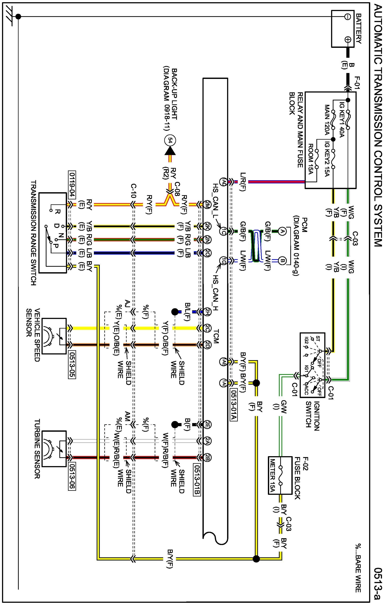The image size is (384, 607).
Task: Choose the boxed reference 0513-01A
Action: click(x=234, y=405)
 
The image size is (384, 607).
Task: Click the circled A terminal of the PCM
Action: click(x=282, y=231)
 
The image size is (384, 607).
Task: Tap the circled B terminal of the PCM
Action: click(x=282, y=261)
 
